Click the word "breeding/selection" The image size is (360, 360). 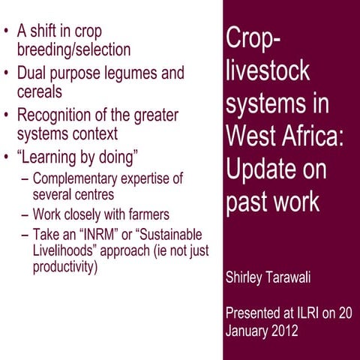tap(73, 49)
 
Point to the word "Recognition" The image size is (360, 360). tap(61, 116)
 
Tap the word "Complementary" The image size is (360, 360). tap(74, 179)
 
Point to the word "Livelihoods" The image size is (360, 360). tap(63, 250)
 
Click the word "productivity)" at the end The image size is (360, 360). tap(65, 266)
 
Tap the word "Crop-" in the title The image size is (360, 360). tap(252, 39)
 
